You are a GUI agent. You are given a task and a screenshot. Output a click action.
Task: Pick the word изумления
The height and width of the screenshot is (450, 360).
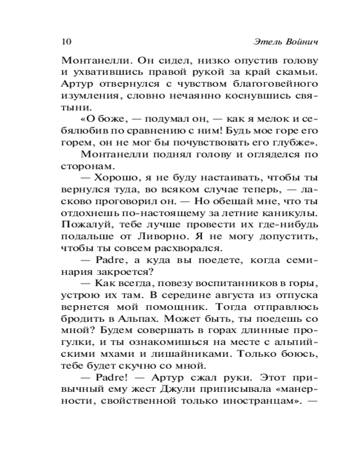[86, 96]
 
